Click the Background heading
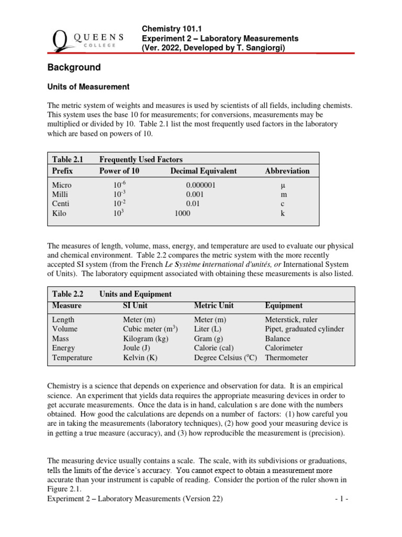(x=74, y=68)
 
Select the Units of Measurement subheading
(x=88, y=87)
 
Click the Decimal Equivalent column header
(x=203, y=171)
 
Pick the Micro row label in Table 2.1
(x=62, y=185)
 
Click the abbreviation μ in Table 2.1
(x=283, y=185)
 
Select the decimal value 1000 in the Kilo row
(x=182, y=213)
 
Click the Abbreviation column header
(x=287, y=171)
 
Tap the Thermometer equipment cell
(x=287, y=358)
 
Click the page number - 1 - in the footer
(x=341, y=499)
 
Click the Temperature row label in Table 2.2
(x=72, y=358)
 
